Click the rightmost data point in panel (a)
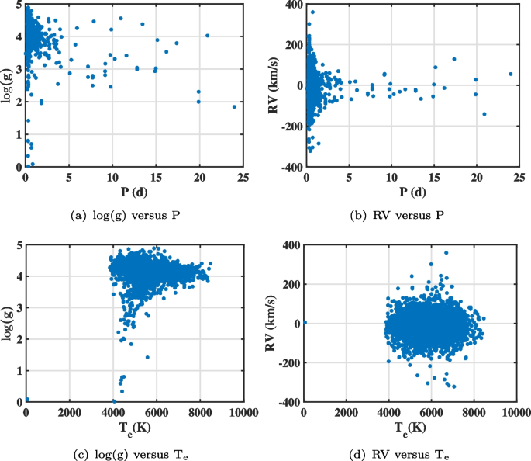pyautogui.click(x=234, y=107)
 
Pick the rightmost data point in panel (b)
pyautogui.click(x=510, y=75)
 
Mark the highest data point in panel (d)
pyautogui.click(x=446, y=252)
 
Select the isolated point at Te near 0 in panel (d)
pyautogui.click(x=305, y=322)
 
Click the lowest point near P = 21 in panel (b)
pyautogui.click(x=484, y=114)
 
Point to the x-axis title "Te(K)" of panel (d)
pyautogui.click(x=410, y=431)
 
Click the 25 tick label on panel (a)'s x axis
pyautogui.click(x=243, y=177)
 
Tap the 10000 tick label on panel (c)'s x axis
pyautogui.click(x=243, y=413)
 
